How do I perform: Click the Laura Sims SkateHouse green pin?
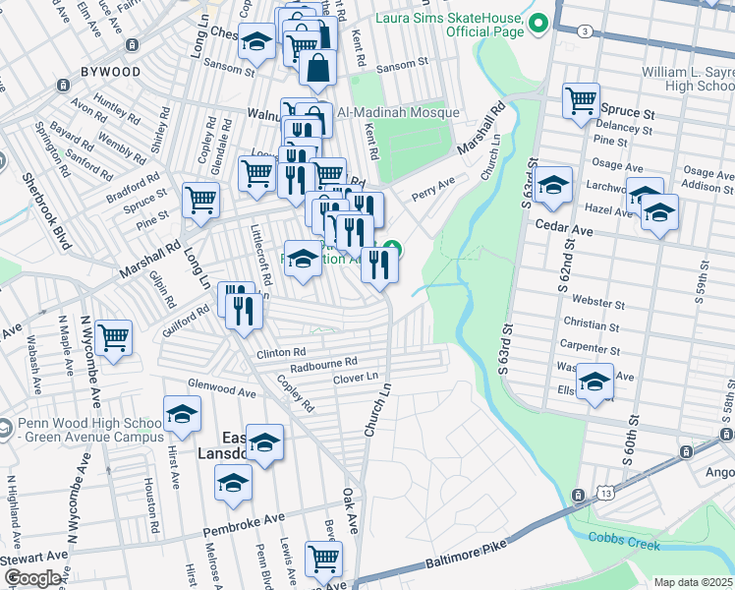[537, 22]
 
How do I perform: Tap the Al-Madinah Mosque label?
[390, 112]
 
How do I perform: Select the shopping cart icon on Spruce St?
[581, 100]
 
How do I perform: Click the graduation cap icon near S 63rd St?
[553, 186]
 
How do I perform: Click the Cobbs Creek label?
[624, 538]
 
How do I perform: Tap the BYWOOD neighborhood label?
[110, 72]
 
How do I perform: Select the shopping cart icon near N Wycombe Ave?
[114, 338]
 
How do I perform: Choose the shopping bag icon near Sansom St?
[318, 68]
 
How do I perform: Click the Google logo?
[32, 578]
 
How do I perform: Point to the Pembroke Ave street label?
[243, 524]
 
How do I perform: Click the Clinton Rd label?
[282, 351]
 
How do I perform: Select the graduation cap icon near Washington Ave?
[594, 382]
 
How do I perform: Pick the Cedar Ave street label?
[565, 229]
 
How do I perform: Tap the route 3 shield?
[586, 31]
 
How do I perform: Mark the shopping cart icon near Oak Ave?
[322, 560]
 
